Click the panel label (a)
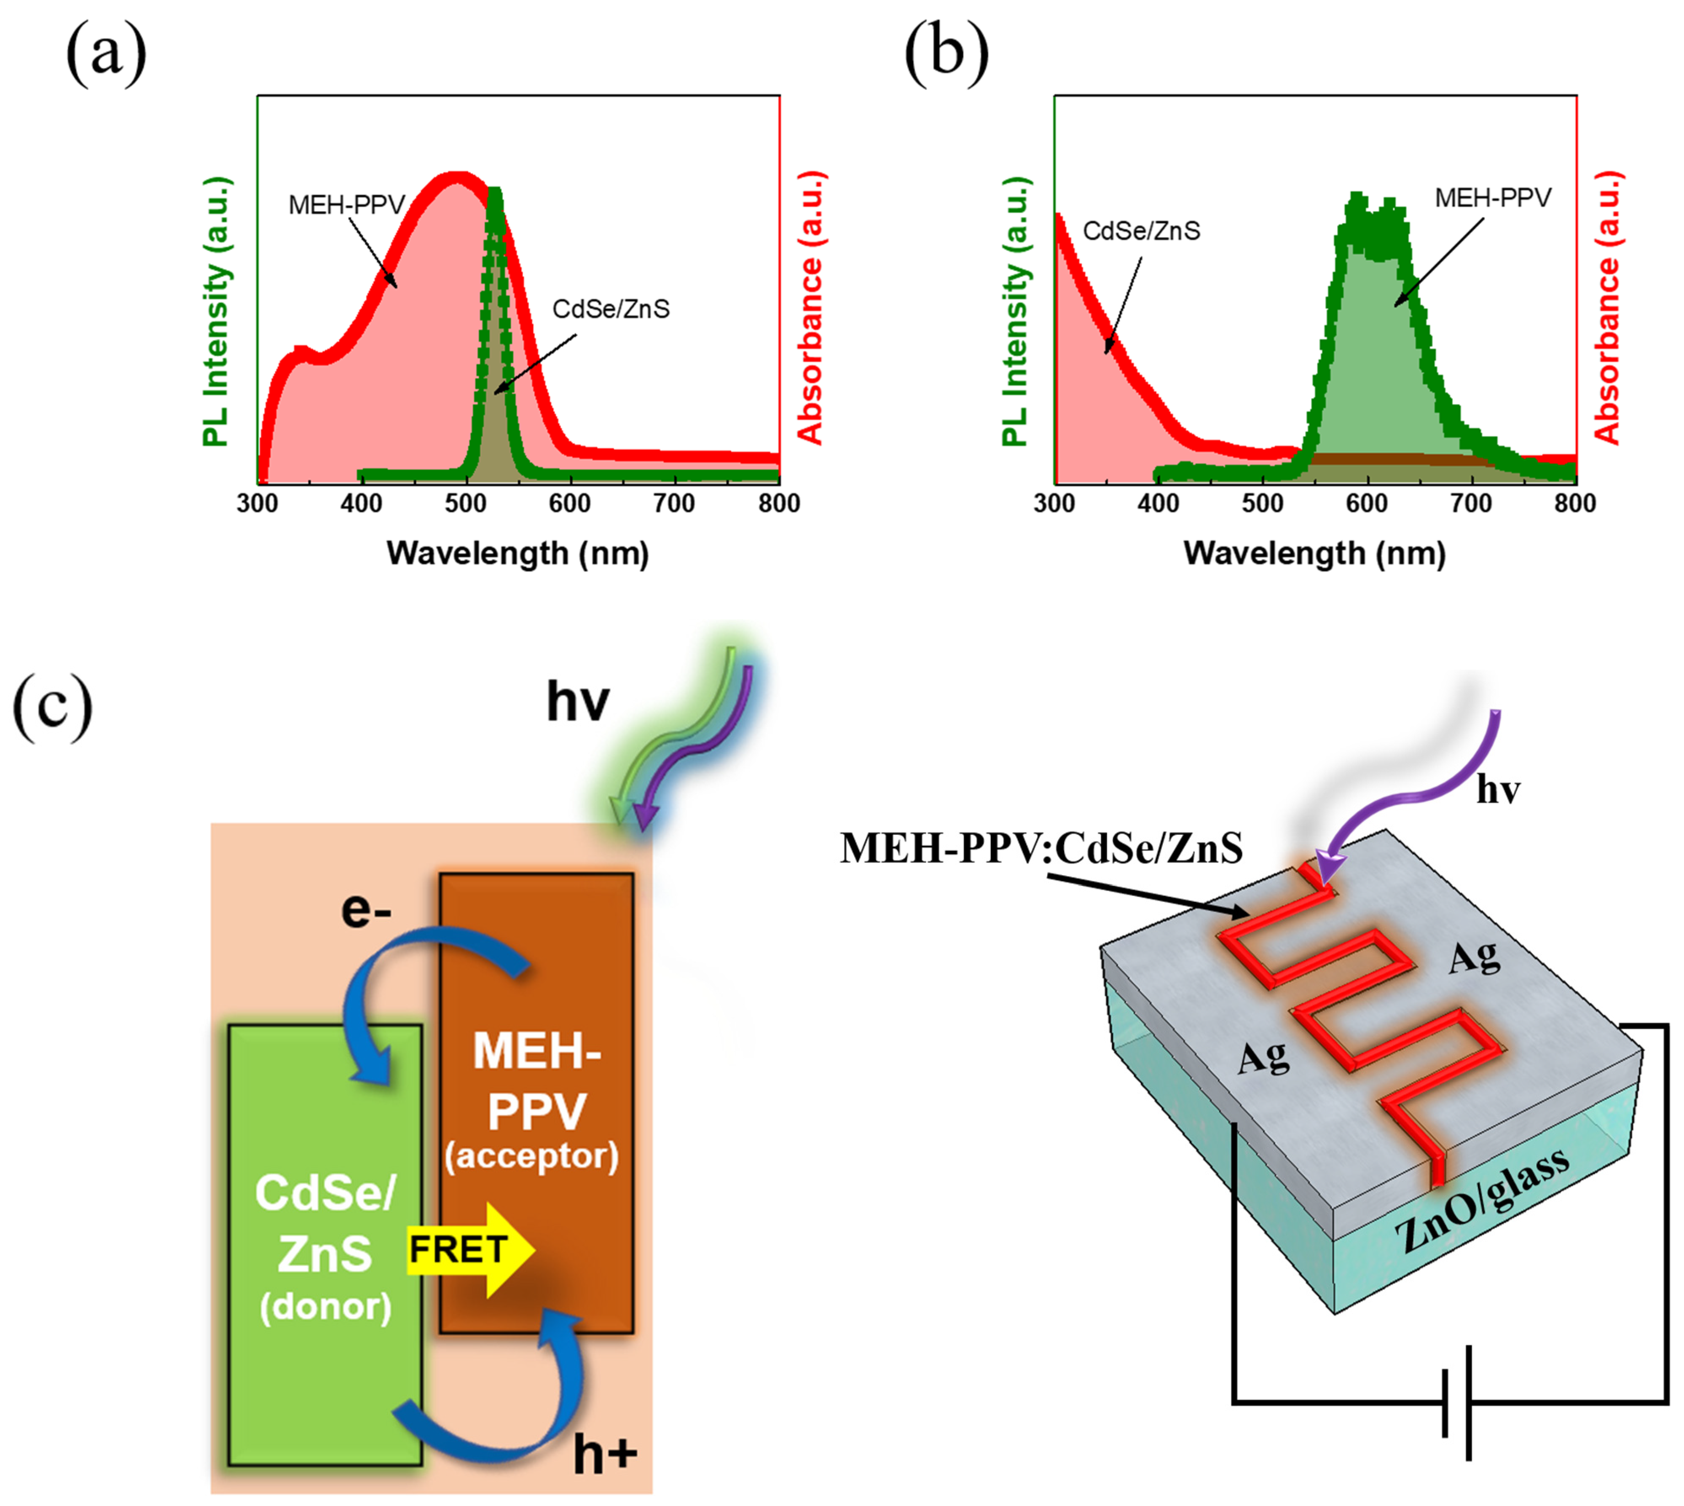pos(106,55)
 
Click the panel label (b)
pos(946,55)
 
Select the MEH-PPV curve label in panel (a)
pos(347,204)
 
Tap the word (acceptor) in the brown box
pos(531,1155)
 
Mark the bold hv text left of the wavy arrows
pos(578,702)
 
